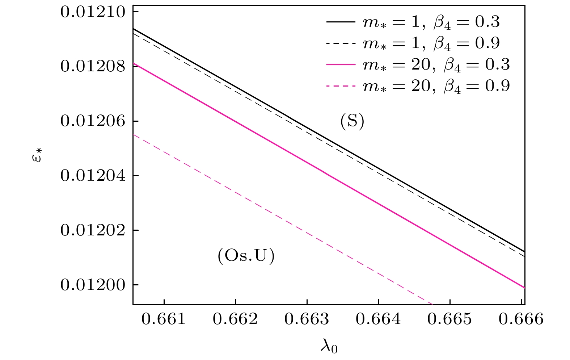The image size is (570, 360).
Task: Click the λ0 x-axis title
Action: click(329, 347)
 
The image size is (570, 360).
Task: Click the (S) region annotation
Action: click(352, 122)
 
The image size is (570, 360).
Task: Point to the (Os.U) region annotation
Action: click(246, 256)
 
